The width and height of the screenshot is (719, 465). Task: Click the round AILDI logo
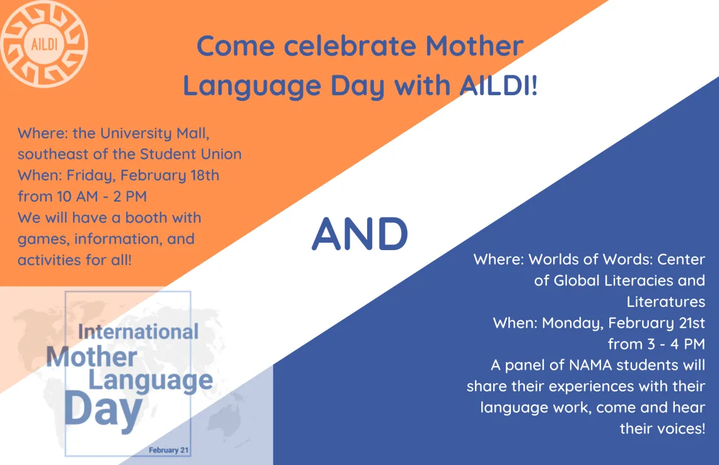coord(44,44)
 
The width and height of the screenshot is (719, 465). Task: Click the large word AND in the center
coord(360,234)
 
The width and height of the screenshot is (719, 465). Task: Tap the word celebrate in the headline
coord(350,46)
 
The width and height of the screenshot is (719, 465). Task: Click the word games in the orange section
coord(44,239)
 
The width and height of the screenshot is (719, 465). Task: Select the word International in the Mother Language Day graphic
coord(138,331)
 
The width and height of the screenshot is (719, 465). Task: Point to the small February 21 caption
coord(169,451)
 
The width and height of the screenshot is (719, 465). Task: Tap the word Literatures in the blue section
coord(666,302)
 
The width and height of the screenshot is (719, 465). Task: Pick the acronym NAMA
coord(590,365)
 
